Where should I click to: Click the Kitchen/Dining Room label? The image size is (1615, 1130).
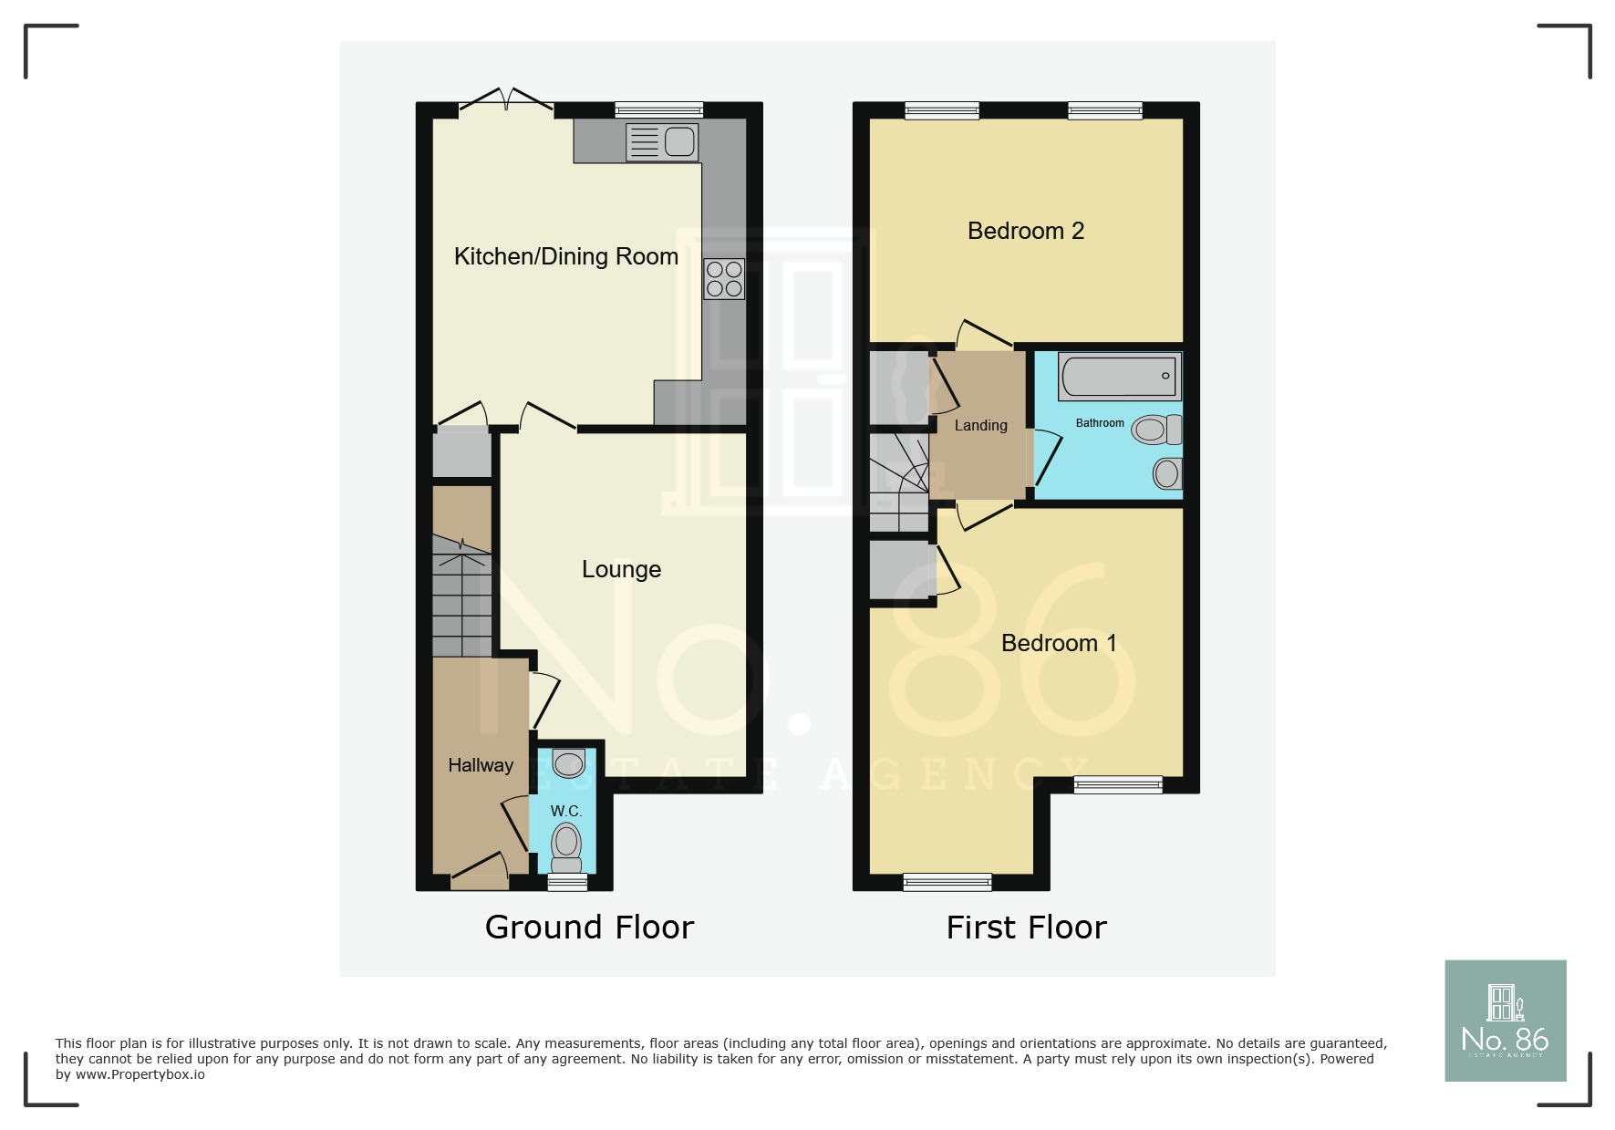click(x=565, y=257)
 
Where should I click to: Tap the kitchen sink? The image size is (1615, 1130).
click(x=662, y=142)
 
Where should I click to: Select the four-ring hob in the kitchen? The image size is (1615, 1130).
click(x=724, y=279)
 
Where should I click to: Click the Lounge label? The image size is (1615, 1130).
click(x=621, y=569)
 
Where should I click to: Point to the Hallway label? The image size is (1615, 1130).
click(x=481, y=765)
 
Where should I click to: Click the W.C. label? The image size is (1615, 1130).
click(x=565, y=811)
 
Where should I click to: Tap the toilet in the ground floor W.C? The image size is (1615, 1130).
click(x=566, y=848)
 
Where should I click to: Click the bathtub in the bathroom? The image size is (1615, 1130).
click(x=1120, y=376)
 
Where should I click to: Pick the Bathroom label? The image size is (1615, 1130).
click(x=1100, y=423)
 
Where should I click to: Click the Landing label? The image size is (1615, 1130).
click(x=980, y=426)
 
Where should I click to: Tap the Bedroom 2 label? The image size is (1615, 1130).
click(x=1026, y=231)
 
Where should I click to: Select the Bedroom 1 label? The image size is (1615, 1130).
click(x=1059, y=643)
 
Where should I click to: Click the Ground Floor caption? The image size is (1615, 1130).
click(x=589, y=928)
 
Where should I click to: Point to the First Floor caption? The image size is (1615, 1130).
click(x=1026, y=928)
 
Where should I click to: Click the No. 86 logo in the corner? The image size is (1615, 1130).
click(x=1506, y=1021)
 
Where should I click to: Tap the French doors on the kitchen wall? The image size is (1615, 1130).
click(x=506, y=102)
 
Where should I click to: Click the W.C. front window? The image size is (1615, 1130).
click(x=567, y=882)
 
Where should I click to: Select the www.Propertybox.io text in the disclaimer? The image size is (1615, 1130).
click(x=140, y=1074)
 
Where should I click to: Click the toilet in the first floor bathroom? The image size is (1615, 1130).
click(x=1156, y=430)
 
